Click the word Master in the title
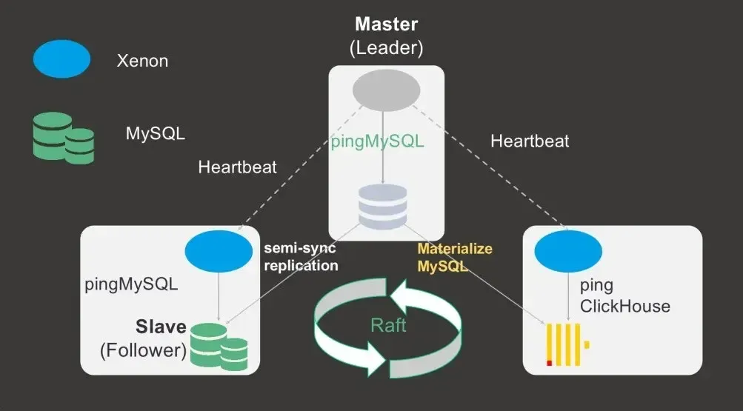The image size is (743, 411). click(x=386, y=24)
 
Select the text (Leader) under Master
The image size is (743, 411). click(x=386, y=49)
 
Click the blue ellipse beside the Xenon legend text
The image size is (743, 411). click(x=61, y=60)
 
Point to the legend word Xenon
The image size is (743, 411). click(x=142, y=61)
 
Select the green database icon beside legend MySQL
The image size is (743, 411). click(x=64, y=138)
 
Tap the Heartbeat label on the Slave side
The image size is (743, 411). click(x=237, y=167)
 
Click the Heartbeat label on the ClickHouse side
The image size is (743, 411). click(x=530, y=141)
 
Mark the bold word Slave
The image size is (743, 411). click(x=159, y=327)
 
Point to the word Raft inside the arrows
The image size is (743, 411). click(x=388, y=325)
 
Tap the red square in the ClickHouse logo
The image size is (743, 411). click(x=550, y=363)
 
